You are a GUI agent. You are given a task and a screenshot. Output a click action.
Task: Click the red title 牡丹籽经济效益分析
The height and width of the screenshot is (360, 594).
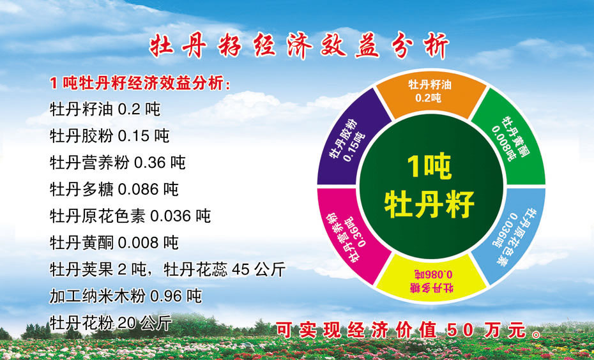click(300, 46)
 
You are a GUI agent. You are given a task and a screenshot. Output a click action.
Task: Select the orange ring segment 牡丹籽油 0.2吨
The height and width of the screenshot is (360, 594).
click(430, 94)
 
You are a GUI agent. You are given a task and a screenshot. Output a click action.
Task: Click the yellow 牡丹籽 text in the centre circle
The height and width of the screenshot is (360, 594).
click(430, 204)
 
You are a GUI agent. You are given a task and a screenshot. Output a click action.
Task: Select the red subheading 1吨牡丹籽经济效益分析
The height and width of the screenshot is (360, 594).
click(140, 83)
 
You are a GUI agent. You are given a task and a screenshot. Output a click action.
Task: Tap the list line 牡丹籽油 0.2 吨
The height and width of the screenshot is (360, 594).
click(105, 109)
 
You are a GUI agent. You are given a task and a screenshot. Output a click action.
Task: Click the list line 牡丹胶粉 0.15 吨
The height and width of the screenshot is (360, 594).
click(109, 136)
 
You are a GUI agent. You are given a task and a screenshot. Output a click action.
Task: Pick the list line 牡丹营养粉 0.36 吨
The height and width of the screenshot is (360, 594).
click(118, 163)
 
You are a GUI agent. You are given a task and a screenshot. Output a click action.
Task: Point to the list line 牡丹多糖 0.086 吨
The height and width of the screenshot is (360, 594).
click(114, 190)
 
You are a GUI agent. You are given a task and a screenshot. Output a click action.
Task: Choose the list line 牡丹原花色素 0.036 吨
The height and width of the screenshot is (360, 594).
click(130, 216)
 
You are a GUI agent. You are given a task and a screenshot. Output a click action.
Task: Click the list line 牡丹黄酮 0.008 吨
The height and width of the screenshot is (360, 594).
click(114, 243)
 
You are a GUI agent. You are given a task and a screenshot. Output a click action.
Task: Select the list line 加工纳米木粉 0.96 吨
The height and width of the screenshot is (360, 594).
click(125, 296)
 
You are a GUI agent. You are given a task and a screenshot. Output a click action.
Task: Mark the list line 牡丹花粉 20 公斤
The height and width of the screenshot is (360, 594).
click(110, 323)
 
